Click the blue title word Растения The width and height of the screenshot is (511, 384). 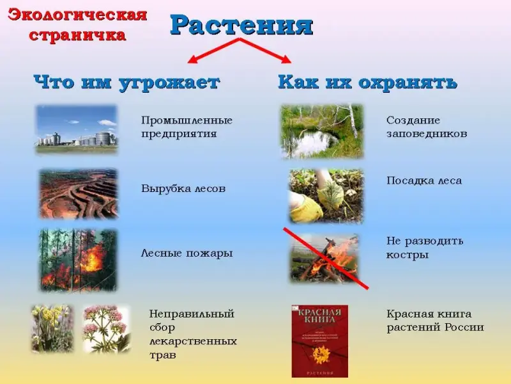pyautogui.click(x=241, y=25)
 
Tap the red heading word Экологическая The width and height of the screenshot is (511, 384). pyautogui.click(x=77, y=15)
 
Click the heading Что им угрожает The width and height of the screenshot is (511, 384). pyautogui.click(x=126, y=82)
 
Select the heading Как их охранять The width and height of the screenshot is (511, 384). pyautogui.click(x=368, y=82)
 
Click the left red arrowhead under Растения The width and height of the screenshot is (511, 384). pyautogui.click(x=192, y=60)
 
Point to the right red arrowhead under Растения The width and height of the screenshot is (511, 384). pyautogui.click(x=286, y=59)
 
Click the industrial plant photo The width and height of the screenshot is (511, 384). pyautogui.click(x=76, y=129)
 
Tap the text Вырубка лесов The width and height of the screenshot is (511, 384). pyautogui.click(x=183, y=189)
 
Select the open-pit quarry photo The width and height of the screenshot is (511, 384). pyautogui.click(x=78, y=193)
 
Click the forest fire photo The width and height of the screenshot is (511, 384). pyautogui.click(x=78, y=260)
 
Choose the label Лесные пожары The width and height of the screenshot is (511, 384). pyautogui.click(x=187, y=253)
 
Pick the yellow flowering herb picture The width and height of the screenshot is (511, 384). pyautogui.click(x=52, y=328)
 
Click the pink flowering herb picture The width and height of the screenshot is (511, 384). pyautogui.click(x=107, y=328)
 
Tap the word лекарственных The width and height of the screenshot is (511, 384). pyautogui.click(x=193, y=342)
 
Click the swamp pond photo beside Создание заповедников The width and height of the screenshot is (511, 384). pyautogui.click(x=322, y=131)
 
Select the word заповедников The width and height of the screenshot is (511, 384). pyautogui.click(x=427, y=134)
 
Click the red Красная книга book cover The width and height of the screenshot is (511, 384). pyautogui.click(x=320, y=341)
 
